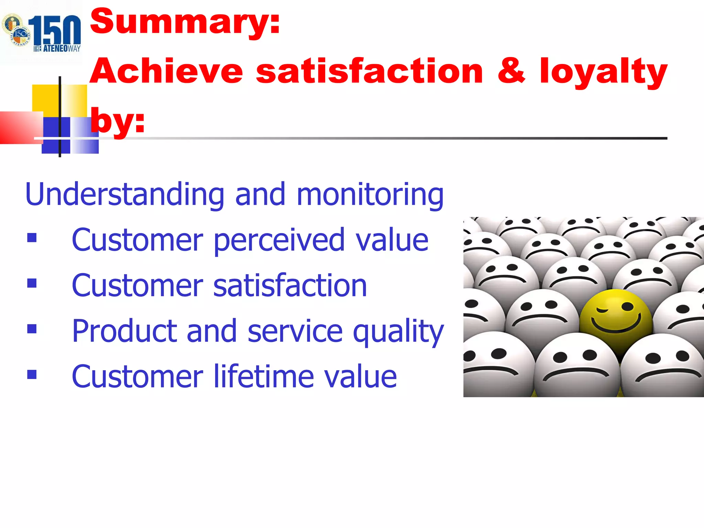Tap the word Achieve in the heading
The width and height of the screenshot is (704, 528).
166,71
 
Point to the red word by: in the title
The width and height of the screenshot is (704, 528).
117,121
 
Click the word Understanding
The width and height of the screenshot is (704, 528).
125,195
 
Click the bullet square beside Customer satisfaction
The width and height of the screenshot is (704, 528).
32,283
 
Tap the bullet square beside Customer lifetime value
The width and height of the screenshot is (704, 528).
32,374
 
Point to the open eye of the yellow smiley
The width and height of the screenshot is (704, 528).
627,306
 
